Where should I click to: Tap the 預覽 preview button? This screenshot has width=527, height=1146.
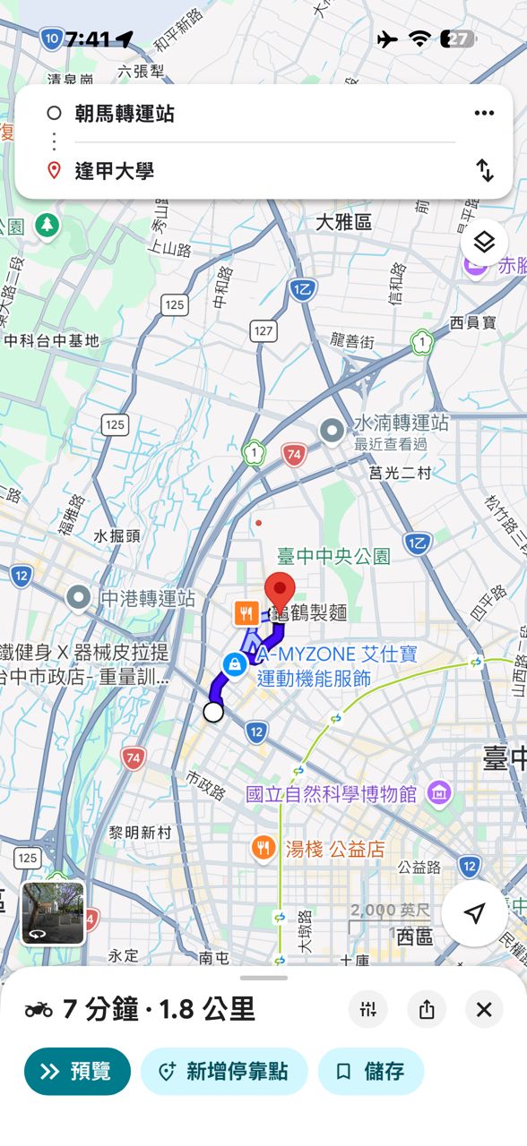tap(77, 1072)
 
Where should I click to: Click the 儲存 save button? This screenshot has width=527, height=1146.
tap(371, 1072)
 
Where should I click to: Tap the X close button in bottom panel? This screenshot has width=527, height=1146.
tap(484, 1010)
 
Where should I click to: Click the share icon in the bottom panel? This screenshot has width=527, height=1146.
tap(427, 1010)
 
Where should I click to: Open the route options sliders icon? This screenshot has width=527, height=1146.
tap(368, 1010)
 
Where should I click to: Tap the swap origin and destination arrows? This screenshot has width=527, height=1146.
tap(484, 170)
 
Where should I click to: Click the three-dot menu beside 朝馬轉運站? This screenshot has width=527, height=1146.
tap(484, 113)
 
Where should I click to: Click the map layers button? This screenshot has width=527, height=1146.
tap(484, 242)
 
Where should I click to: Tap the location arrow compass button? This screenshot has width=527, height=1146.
tap(474, 913)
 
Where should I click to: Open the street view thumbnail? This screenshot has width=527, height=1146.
tap(53, 913)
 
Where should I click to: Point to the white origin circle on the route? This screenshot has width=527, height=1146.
tap(213, 712)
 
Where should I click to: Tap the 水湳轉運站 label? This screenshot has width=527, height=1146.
tap(401, 423)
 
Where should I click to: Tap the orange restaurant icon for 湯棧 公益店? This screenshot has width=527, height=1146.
tap(263, 848)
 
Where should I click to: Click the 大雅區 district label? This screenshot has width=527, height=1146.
tap(343, 222)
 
